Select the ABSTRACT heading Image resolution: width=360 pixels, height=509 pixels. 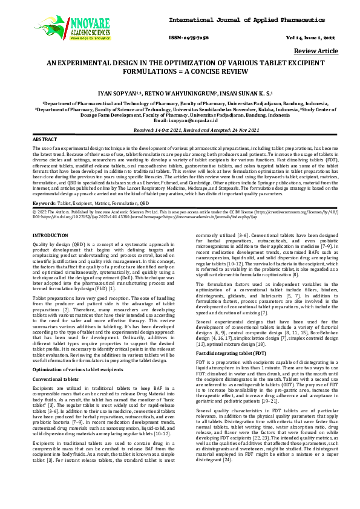coord(42,140)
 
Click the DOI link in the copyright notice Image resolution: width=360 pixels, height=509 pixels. coord(74,218)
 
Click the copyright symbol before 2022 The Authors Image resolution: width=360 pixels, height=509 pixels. coord(34,213)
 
